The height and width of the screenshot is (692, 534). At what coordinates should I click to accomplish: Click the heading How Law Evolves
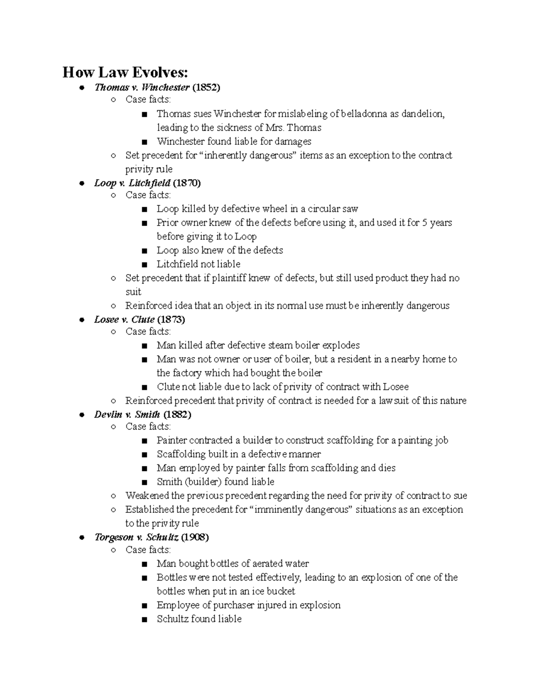(x=125, y=72)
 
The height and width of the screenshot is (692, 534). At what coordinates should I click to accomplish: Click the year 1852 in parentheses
(x=206, y=87)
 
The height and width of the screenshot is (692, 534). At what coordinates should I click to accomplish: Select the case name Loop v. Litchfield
(x=132, y=183)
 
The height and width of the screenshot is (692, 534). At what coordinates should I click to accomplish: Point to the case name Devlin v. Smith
(x=127, y=415)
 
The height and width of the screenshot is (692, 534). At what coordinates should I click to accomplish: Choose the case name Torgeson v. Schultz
(x=136, y=537)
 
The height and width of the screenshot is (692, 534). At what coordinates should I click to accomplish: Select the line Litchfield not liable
(x=198, y=264)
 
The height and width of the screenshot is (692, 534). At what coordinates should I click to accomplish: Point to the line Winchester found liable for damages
(x=234, y=142)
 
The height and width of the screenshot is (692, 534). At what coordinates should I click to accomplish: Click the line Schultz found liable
(x=199, y=619)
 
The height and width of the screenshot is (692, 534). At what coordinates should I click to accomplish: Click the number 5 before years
(x=425, y=223)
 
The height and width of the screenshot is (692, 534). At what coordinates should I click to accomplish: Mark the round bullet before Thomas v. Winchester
(x=81, y=88)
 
